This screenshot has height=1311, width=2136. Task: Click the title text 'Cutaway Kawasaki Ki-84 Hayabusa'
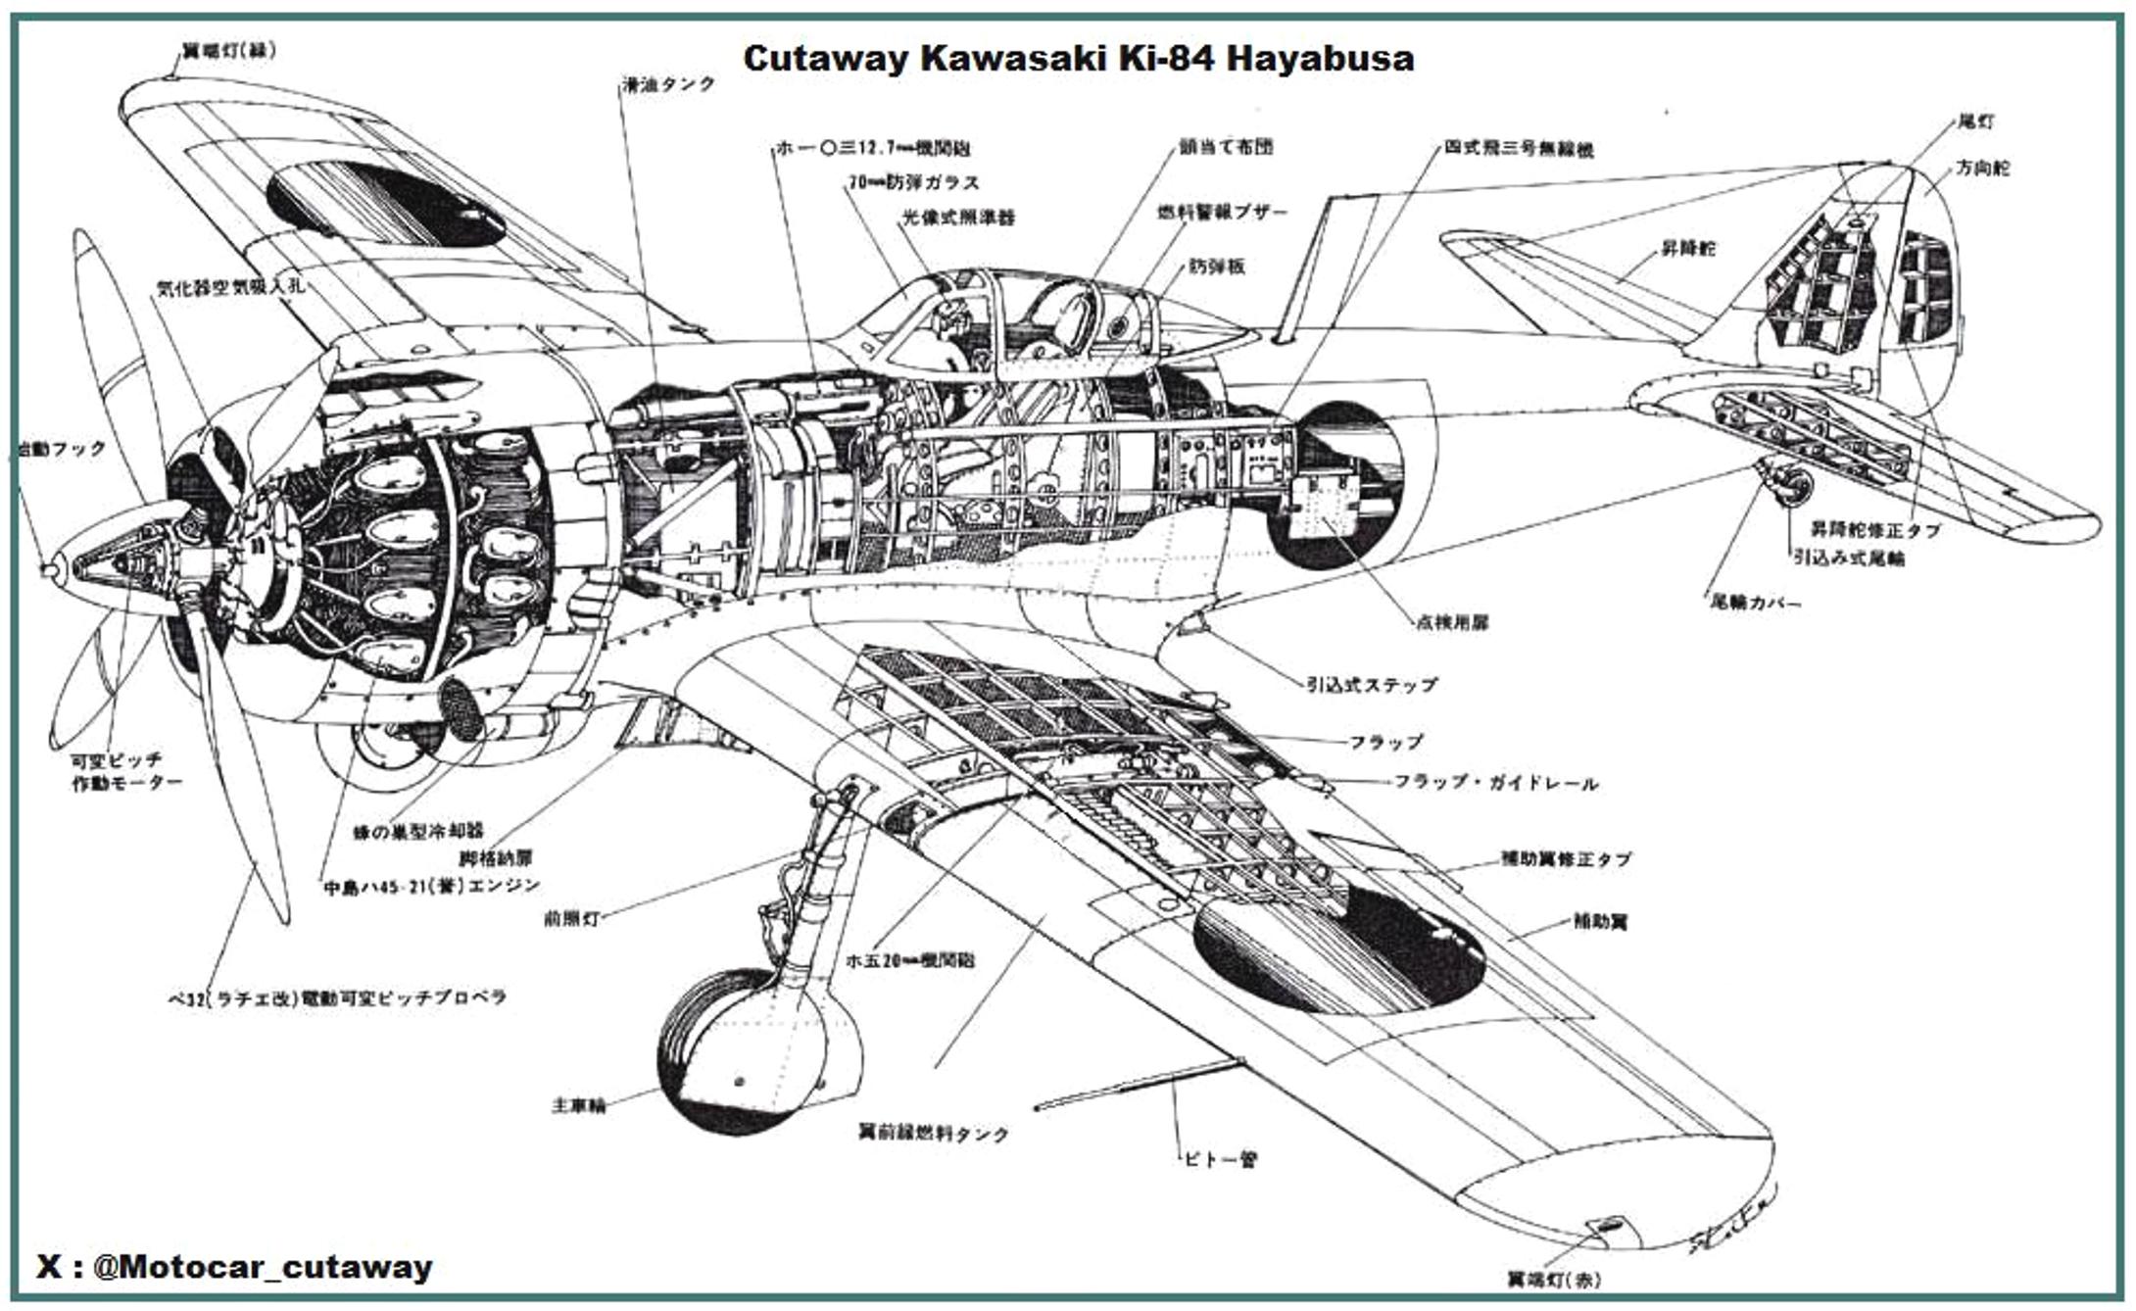[x=1078, y=59]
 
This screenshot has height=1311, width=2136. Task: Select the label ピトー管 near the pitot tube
[x=1220, y=1159]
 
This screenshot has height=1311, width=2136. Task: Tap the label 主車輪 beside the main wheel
[x=578, y=1105]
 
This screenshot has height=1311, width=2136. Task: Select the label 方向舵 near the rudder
[x=1982, y=168]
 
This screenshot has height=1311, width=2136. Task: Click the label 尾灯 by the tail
[x=1974, y=121]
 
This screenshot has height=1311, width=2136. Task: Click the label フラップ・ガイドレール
[x=1495, y=783]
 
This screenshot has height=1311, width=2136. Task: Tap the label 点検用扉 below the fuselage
[x=1452, y=622]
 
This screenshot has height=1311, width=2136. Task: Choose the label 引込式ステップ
[x=1372, y=684]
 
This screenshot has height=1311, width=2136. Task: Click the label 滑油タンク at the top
[x=669, y=84]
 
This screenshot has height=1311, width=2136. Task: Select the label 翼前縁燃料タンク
[x=933, y=1134]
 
